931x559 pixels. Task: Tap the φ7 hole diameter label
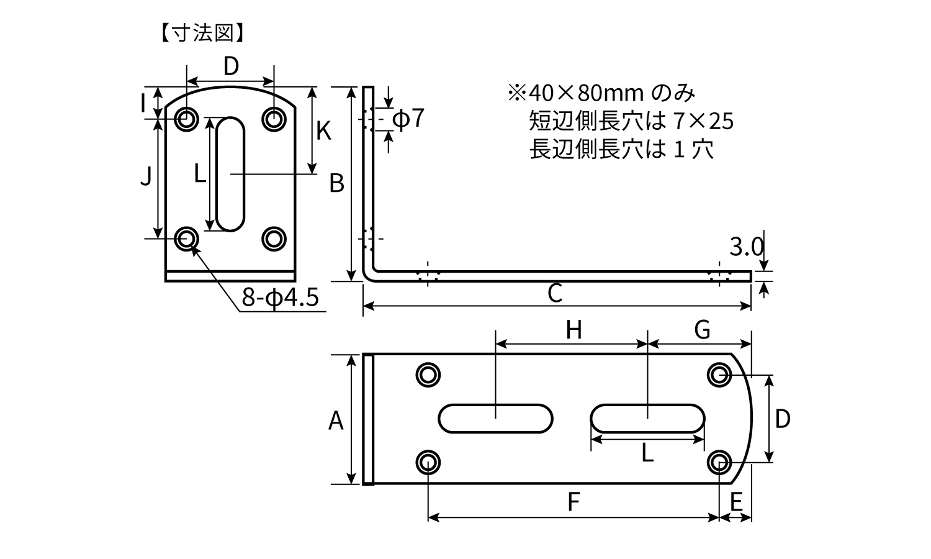pyautogui.click(x=408, y=118)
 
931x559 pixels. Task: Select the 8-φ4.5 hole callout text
pyautogui.click(x=280, y=298)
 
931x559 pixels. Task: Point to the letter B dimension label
pyautogui.click(x=336, y=183)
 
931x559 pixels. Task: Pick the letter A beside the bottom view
pyautogui.click(x=336, y=420)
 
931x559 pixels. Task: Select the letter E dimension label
pyautogui.click(x=736, y=502)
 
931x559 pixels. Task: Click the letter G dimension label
pyautogui.click(x=702, y=330)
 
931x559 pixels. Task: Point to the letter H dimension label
pyautogui.click(x=573, y=330)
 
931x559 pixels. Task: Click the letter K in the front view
pyautogui.click(x=323, y=131)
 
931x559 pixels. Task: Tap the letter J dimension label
pyautogui.click(x=146, y=178)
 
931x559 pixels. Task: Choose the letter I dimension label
pyautogui.click(x=143, y=102)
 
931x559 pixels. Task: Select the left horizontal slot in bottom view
pyautogui.click(x=495, y=419)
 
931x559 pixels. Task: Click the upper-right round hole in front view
pyautogui.click(x=274, y=119)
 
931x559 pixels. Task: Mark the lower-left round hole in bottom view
pyautogui.click(x=428, y=462)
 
